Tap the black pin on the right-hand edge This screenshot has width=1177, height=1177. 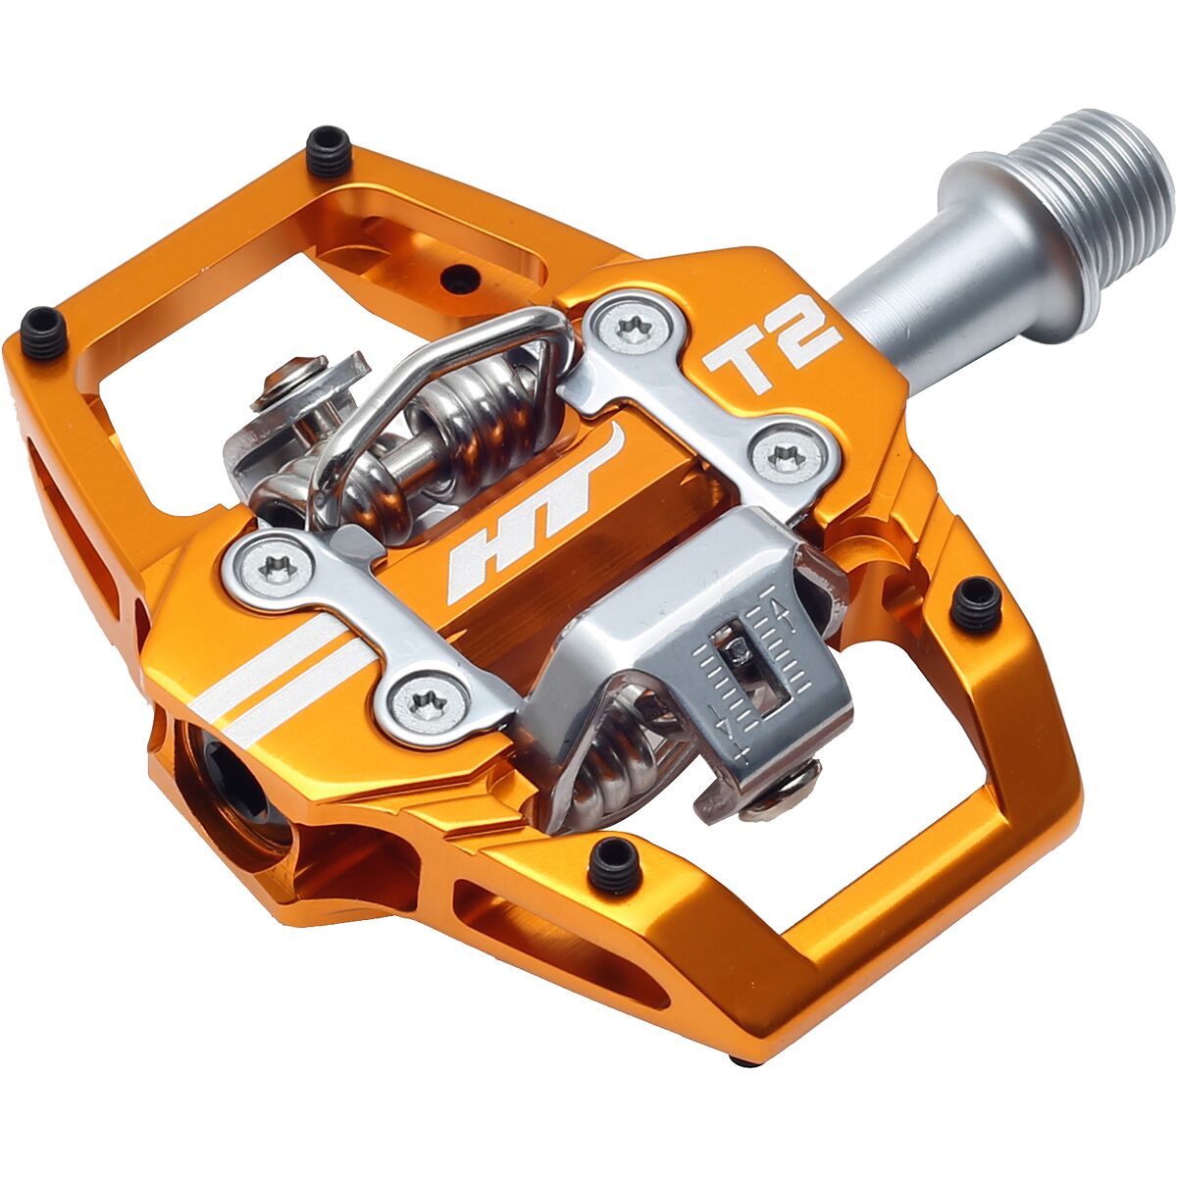976,602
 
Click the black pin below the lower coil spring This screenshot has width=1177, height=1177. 615,864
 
